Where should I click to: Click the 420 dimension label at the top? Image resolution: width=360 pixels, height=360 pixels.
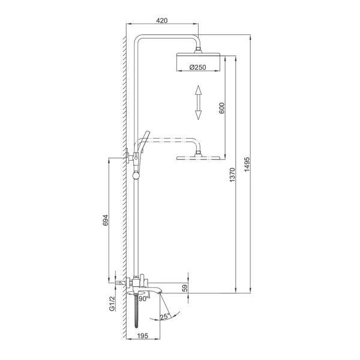tap(162, 20)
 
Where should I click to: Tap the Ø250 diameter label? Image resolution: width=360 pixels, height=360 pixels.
tap(198, 67)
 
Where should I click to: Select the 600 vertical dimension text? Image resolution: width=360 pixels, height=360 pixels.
tap(222, 108)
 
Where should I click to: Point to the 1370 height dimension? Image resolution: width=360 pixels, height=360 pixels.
tap(232, 175)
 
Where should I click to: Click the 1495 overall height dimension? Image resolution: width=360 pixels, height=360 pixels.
tap(247, 164)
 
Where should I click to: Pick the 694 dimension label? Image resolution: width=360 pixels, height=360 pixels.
tap(105, 220)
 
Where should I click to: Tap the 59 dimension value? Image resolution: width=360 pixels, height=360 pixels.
tap(185, 288)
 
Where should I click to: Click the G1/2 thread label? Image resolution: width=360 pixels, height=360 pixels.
tap(112, 304)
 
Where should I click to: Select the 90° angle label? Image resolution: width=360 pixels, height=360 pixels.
tap(144, 298)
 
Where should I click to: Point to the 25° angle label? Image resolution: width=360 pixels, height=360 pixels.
tap(165, 317)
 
